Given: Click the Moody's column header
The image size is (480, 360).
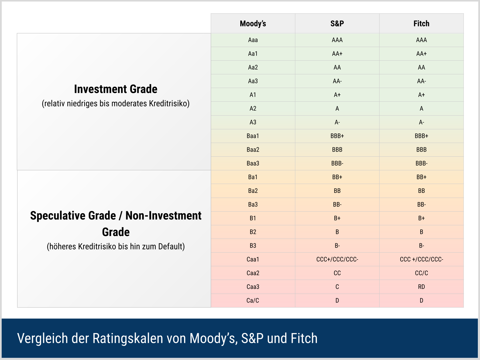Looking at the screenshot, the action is click(x=253, y=24).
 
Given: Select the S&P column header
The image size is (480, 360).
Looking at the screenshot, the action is click(x=337, y=24).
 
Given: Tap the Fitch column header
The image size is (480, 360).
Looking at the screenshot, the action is click(x=421, y=24).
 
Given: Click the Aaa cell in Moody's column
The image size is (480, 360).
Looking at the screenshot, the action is click(x=253, y=40).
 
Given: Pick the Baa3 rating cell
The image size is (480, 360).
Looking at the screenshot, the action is click(x=253, y=163).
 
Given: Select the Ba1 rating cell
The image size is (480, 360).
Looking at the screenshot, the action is click(x=253, y=177).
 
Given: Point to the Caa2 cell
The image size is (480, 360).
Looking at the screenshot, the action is click(x=253, y=273).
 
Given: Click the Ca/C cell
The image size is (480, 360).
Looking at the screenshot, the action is click(x=253, y=301).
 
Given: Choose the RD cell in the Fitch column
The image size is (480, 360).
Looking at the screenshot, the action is click(x=421, y=287).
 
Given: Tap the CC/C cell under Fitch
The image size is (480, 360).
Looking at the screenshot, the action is click(x=421, y=273).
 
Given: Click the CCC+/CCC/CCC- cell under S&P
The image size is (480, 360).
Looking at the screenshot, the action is click(x=337, y=259).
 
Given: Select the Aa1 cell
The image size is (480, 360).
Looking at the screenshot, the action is click(x=253, y=54).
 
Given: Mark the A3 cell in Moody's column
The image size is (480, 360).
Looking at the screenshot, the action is click(x=253, y=122).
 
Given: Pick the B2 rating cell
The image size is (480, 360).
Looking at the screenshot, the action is click(x=253, y=232).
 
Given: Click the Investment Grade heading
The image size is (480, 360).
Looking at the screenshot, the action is click(x=116, y=89).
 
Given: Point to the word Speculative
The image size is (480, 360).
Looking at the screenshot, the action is click(x=73, y=216).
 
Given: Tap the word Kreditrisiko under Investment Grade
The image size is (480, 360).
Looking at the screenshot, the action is click(x=169, y=104).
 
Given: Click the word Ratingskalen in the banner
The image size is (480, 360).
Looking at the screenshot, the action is click(x=128, y=338).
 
